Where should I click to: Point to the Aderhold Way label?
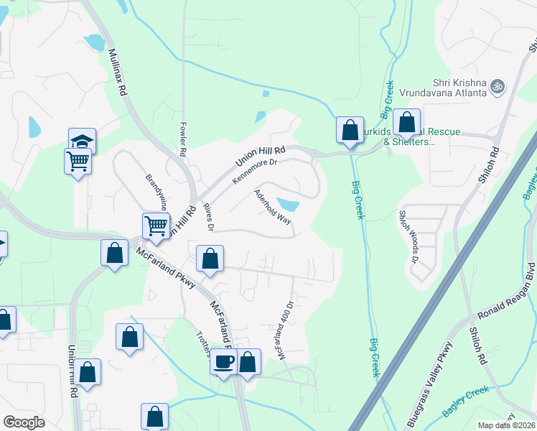point(272,208)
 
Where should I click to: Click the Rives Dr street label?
point(209,218)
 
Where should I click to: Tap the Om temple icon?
point(498,87)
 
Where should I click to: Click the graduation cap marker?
point(83,140)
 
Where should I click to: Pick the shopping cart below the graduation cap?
point(78,161)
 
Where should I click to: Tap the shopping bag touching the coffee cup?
point(248,362)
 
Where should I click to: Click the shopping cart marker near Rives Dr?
point(156,226)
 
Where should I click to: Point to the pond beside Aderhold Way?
point(288,205)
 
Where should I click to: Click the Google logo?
point(24,422)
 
